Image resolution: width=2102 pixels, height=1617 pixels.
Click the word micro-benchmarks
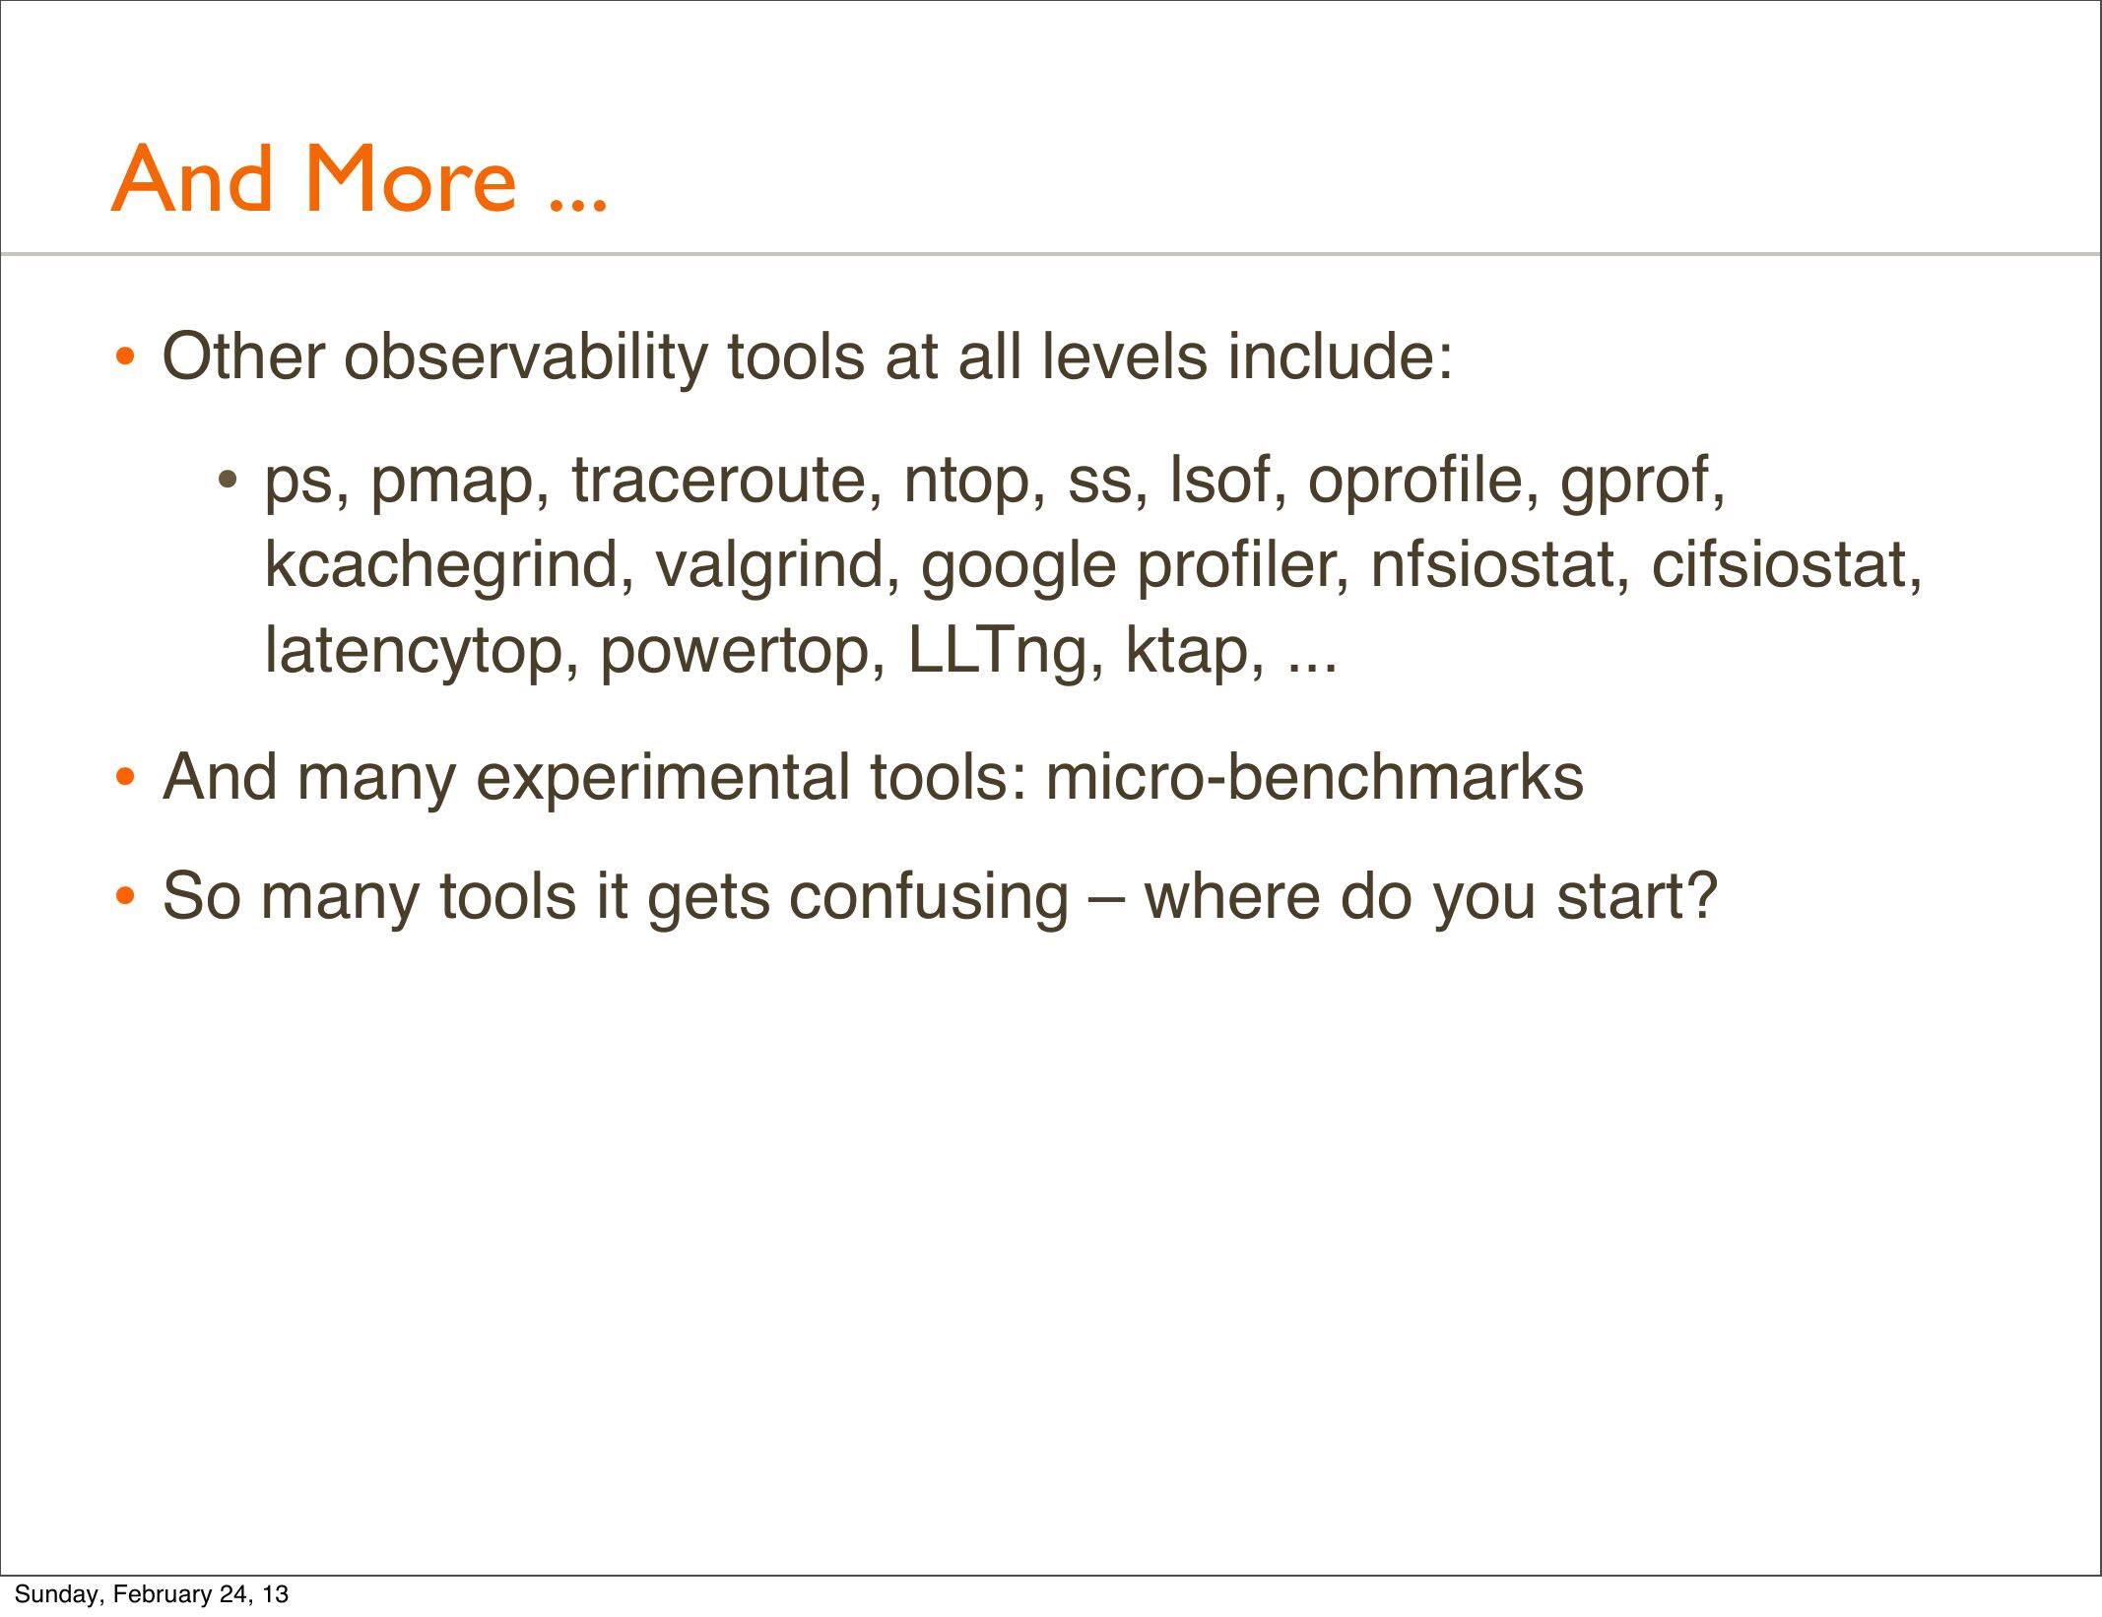(1314, 777)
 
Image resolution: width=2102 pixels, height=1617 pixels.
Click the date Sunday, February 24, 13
(151, 1594)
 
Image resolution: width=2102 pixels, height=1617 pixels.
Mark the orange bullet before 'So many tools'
(124, 897)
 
